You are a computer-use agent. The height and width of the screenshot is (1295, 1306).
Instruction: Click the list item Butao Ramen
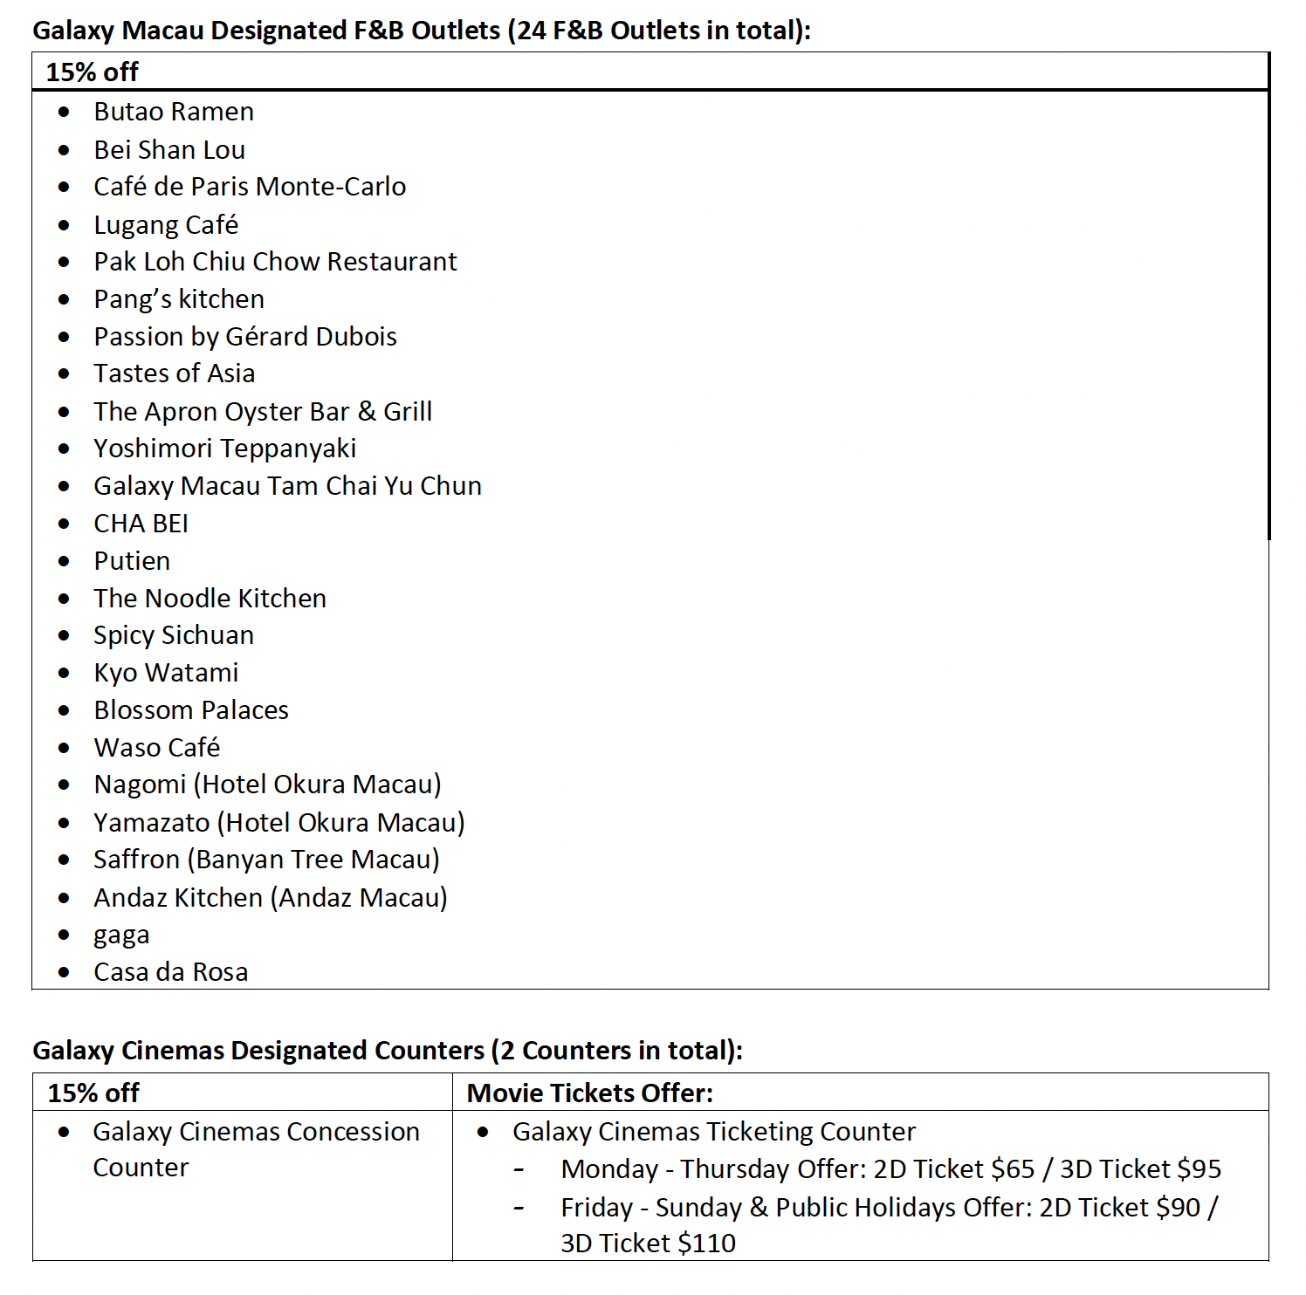(x=174, y=113)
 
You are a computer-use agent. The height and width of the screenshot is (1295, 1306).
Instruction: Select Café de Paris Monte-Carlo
(x=250, y=187)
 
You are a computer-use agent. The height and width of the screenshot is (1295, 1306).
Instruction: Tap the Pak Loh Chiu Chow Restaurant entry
(x=275, y=262)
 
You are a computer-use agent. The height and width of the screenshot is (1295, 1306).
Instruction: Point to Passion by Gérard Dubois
(x=245, y=337)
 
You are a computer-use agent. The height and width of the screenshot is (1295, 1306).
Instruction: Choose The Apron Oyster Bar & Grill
(x=263, y=412)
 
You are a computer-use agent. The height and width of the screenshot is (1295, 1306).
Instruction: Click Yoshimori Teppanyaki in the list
(x=224, y=449)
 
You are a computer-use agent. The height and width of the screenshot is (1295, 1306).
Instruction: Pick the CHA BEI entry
(x=141, y=524)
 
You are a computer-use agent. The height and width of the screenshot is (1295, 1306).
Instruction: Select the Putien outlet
(x=132, y=561)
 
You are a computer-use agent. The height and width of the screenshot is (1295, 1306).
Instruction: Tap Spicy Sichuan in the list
(x=174, y=635)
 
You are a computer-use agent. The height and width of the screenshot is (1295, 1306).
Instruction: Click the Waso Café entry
(x=157, y=748)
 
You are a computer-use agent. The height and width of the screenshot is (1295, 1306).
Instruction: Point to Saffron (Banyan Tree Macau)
(x=266, y=860)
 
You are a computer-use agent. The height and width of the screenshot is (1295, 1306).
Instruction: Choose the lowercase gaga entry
(x=121, y=935)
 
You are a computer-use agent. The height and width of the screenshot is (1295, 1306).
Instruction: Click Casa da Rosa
(x=171, y=972)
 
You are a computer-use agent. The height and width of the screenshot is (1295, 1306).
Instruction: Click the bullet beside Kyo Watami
(x=64, y=673)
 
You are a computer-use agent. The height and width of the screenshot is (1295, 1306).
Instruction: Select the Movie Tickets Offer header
(x=590, y=1093)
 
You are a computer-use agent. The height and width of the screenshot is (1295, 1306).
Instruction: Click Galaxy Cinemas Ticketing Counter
(x=713, y=1132)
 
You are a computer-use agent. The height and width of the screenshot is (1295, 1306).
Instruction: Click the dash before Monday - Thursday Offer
(x=519, y=1169)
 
